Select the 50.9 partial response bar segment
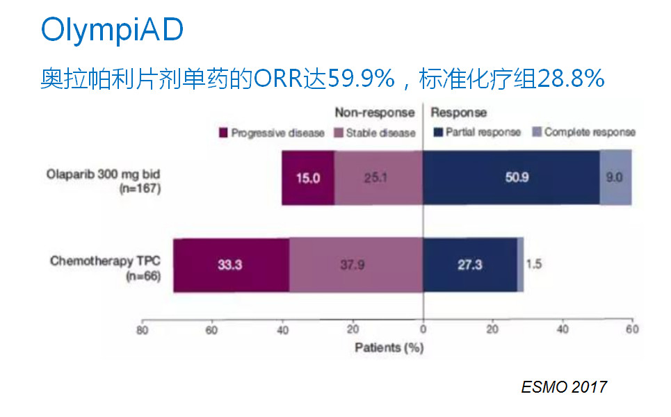[511, 177]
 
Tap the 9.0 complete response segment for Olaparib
[615, 177]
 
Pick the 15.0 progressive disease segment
[307, 177]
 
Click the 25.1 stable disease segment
[378, 177]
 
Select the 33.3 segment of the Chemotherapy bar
[231, 265]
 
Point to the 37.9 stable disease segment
[356, 265]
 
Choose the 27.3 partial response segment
[470, 265]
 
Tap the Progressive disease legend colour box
[224, 133]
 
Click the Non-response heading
[374, 113]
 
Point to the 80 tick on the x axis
[142, 329]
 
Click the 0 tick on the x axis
[423, 329]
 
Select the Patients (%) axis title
[389, 347]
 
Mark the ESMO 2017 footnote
[564, 387]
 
